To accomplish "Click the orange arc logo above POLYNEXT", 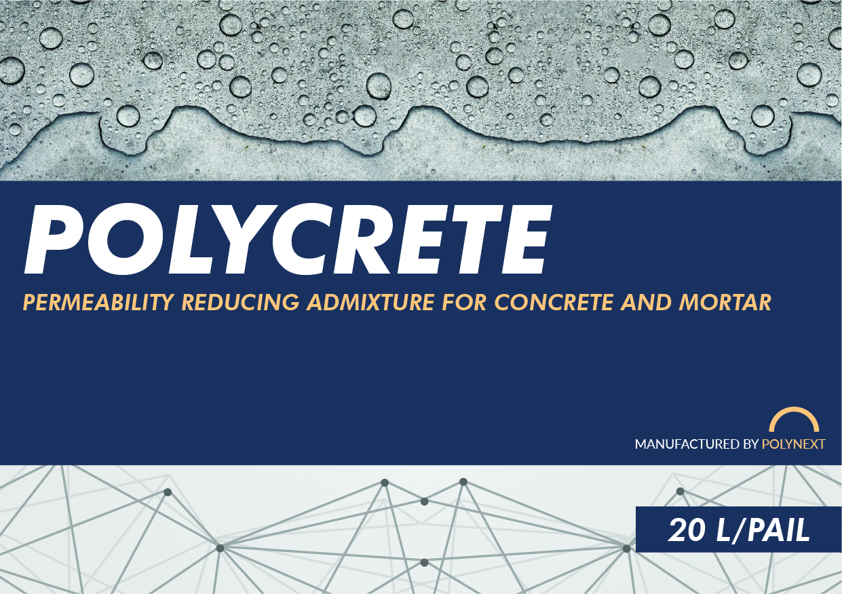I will (794, 420).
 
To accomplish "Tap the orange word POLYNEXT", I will (794, 445).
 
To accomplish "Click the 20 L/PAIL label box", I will (738, 530).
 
